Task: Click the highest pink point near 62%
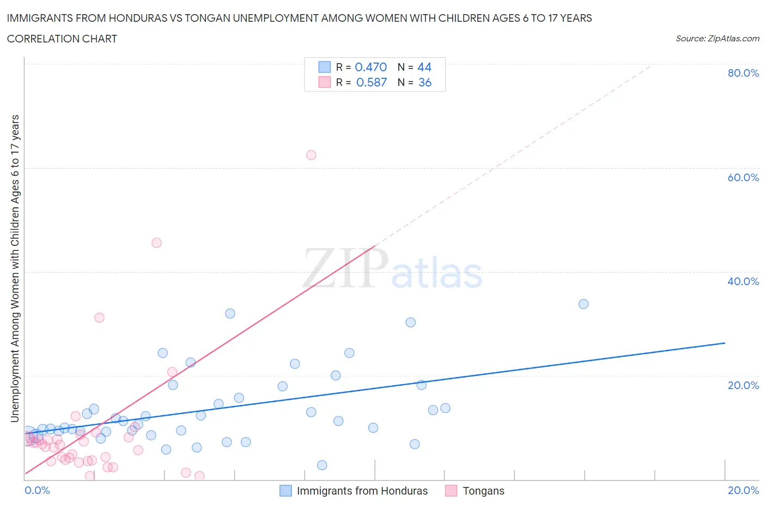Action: pyautogui.click(x=311, y=155)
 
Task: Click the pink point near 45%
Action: pyautogui.click(x=156, y=243)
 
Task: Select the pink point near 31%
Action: pyautogui.click(x=99, y=318)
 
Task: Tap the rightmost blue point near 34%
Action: pyautogui.click(x=583, y=304)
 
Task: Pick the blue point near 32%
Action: pyautogui.click(x=230, y=313)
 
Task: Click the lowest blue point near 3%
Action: pyautogui.click(x=322, y=465)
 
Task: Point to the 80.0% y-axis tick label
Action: pyautogui.click(x=743, y=73)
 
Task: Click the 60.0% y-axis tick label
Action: pyautogui.click(x=743, y=177)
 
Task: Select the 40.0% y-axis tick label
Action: pyautogui.click(x=743, y=281)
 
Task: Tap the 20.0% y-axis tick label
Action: pyautogui.click(x=743, y=385)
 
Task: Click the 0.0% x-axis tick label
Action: pyautogui.click(x=37, y=490)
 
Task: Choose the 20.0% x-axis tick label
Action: pyautogui.click(x=743, y=490)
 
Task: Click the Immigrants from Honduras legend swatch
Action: pyautogui.click(x=285, y=491)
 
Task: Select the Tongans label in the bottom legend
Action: pyautogui.click(x=483, y=491)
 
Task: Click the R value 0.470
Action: pyautogui.click(x=370, y=67)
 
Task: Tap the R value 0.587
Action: pyautogui.click(x=371, y=82)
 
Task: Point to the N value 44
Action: pyautogui.click(x=424, y=67)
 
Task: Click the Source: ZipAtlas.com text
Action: pyautogui.click(x=717, y=38)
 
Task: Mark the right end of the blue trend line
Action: pyautogui.click(x=725, y=343)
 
